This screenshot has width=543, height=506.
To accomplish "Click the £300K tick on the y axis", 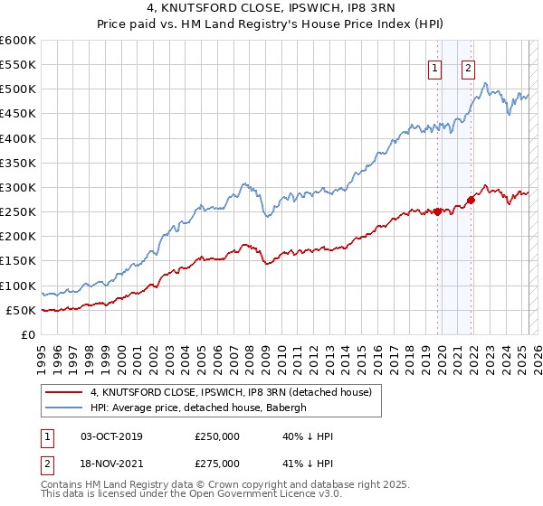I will [x=17, y=188].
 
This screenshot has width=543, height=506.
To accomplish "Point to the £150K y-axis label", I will [x=17, y=261].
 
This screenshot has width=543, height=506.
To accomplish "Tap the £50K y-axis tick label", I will [x=21, y=311].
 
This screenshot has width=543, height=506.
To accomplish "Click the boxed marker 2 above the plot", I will [x=469, y=66].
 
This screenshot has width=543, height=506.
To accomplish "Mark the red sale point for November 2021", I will [x=471, y=200].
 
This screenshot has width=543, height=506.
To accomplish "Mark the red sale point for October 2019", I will [x=437, y=212].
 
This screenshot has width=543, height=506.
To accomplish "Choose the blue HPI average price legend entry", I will [x=199, y=408].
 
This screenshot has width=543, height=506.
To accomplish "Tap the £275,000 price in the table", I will [x=217, y=463].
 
